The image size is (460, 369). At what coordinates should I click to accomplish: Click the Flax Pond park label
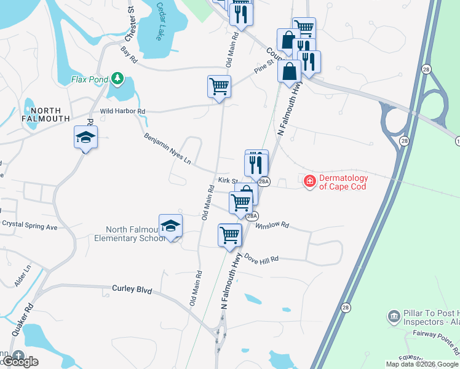tap(90, 79)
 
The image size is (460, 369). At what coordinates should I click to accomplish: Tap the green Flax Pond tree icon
tap(117, 79)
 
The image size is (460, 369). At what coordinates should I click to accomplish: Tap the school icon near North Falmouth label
tap(85, 138)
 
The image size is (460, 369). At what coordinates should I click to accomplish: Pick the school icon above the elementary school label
tap(170, 226)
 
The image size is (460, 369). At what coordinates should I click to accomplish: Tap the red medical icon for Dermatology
tap(310, 181)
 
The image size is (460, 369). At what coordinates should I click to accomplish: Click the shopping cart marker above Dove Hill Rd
tap(229, 235)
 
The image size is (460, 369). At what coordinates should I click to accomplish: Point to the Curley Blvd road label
tap(132, 288)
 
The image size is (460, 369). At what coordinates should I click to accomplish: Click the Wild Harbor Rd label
tap(122, 111)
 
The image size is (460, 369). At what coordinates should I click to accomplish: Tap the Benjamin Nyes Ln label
tap(167, 149)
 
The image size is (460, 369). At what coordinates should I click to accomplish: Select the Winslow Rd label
tap(276, 224)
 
